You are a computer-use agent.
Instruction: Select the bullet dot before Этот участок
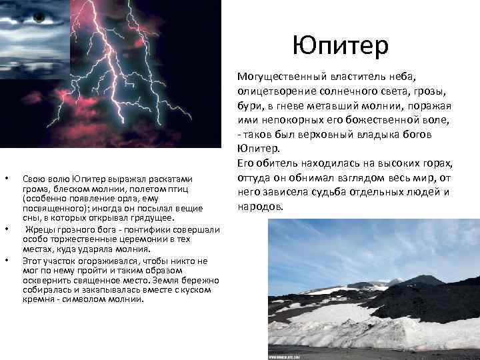click(6, 259)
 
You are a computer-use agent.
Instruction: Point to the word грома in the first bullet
click(35, 188)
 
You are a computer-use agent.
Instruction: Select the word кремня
click(39, 299)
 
